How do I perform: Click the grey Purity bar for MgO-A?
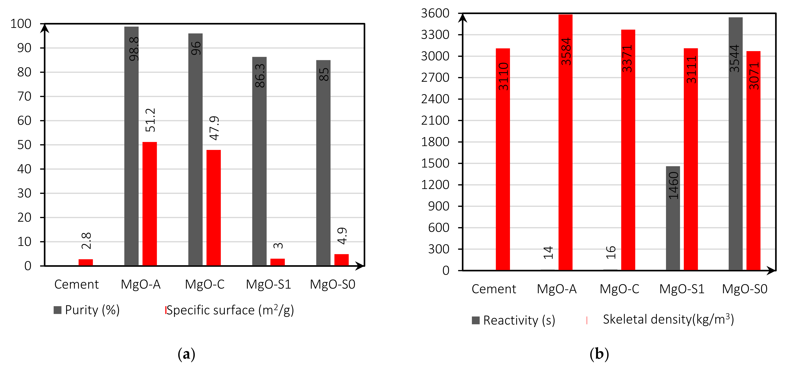pos(131,153)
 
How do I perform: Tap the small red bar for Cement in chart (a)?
pos(86,262)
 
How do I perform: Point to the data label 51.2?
pos(150,120)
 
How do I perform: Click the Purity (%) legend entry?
pos(87,310)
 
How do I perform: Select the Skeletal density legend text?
pos(668,319)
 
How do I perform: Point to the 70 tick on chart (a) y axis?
pos(24,97)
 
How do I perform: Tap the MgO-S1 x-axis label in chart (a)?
pos(269,284)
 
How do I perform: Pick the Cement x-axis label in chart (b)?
pos(494,289)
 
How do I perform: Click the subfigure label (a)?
pos(186,354)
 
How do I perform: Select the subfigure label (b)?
pos(599,354)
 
